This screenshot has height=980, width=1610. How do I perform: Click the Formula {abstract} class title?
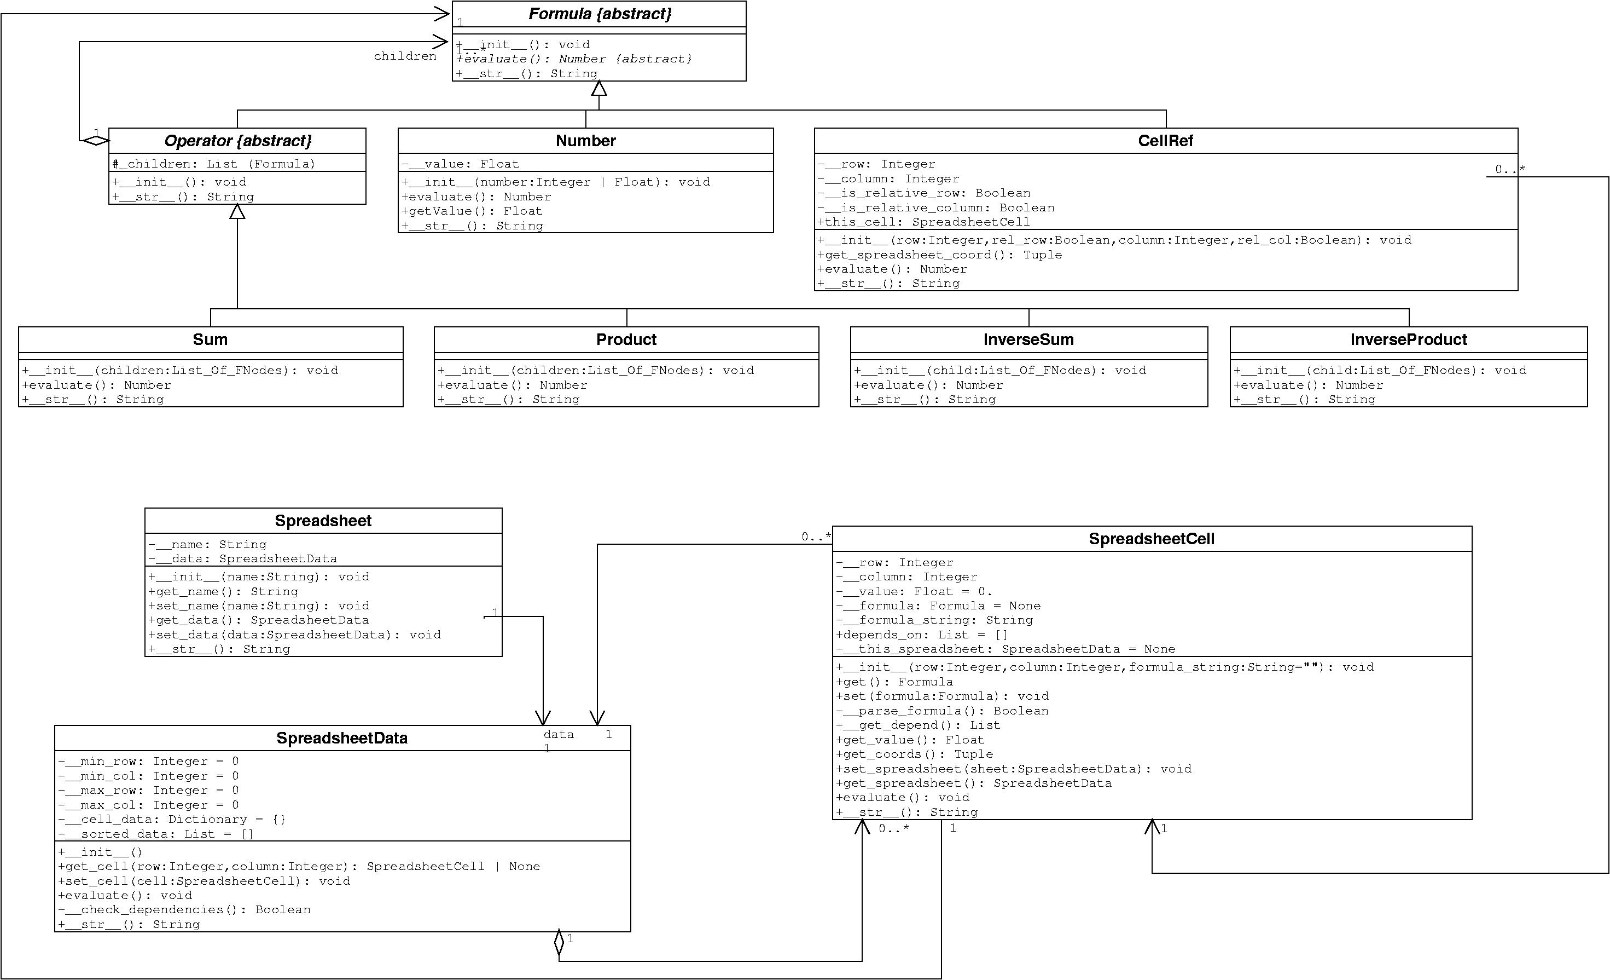pos(600,14)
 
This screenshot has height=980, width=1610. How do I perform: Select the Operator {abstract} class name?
pos(238,141)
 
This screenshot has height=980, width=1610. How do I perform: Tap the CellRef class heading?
pos(1166,141)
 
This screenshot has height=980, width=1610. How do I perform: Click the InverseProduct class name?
pos(1409,339)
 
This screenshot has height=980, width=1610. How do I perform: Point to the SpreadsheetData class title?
pos(342,738)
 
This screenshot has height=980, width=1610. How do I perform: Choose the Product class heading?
pos(626,339)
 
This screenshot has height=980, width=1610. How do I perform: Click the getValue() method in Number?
pos(473,211)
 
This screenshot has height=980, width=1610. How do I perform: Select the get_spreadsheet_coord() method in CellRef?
pos(940,255)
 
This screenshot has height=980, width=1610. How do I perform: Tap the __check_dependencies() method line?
pos(184,910)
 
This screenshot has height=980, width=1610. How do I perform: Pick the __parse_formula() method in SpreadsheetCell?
pos(942,711)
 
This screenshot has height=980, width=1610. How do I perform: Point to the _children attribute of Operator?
pos(214,164)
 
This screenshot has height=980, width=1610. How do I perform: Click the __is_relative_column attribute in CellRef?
pos(935,208)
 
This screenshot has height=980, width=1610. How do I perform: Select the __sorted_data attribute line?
pos(155,834)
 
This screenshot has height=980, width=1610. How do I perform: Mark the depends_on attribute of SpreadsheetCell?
pos(922,635)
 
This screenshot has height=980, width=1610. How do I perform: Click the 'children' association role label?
pos(405,56)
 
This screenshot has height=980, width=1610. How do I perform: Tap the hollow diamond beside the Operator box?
pos(95,140)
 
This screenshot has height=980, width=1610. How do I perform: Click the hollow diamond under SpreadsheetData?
pos(559,943)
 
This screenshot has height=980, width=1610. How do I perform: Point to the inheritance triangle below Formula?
pos(599,88)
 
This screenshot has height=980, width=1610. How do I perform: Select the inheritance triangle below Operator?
pos(237,211)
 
